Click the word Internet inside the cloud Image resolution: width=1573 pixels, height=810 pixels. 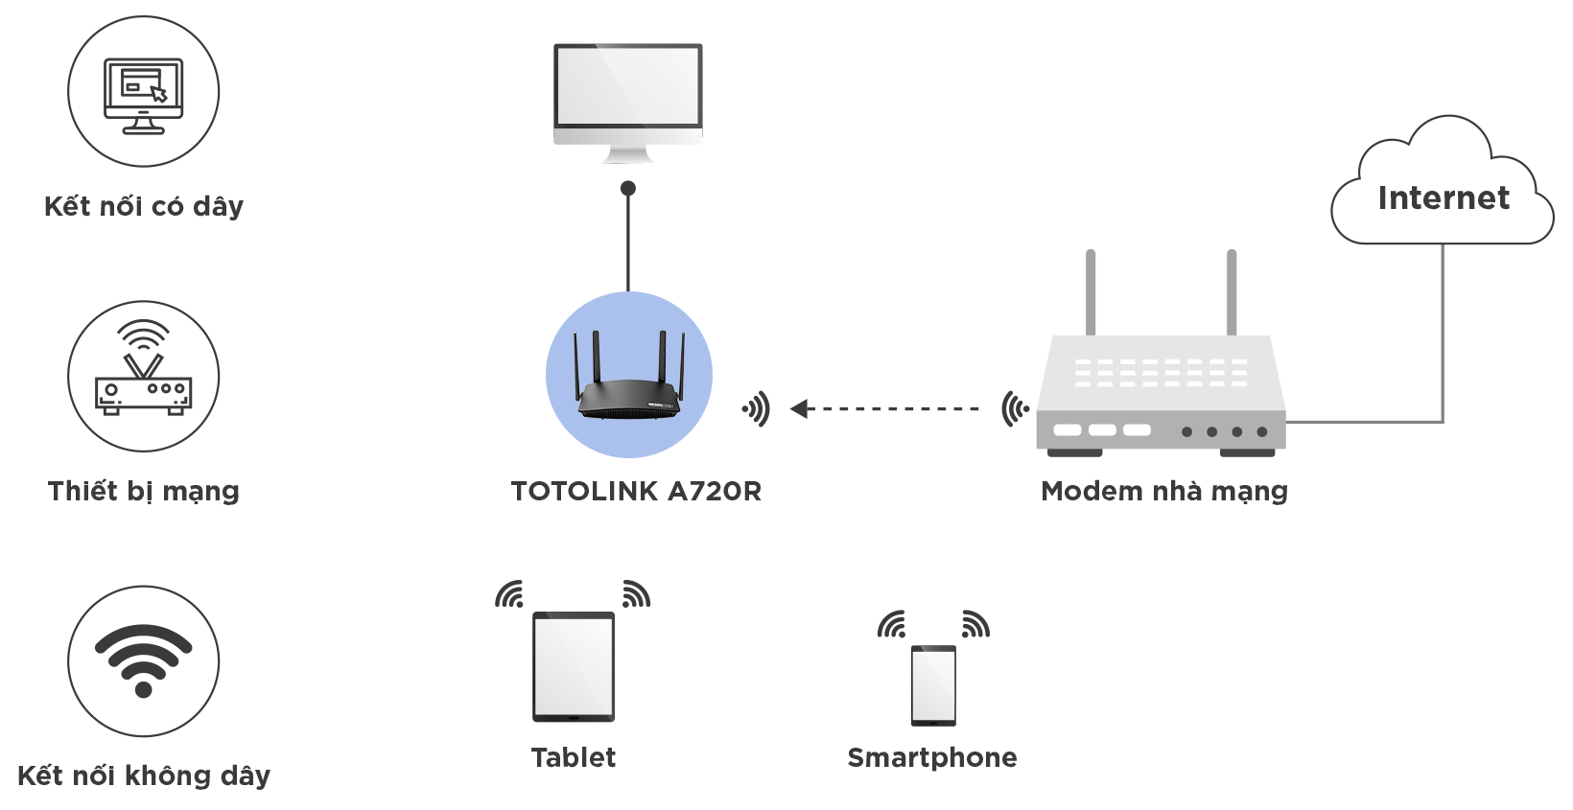[x=1444, y=197]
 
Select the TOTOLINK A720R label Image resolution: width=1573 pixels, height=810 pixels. [x=636, y=492]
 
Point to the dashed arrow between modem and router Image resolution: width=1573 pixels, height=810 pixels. [x=884, y=408]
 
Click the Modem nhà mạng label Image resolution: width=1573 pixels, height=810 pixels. [x=1164, y=492]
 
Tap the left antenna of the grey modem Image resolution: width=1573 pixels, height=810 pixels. [x=1091, y=292]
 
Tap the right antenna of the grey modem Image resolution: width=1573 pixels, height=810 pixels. [x=1232, y=292]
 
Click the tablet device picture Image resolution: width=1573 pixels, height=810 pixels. [x=574, y=667]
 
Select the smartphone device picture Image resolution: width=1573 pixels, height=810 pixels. [x=933, y=685]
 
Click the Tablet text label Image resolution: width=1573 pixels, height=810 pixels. [x=574, y=758]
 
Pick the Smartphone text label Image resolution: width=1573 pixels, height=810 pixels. [x=932, y=758]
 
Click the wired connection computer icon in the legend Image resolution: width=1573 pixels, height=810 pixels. [x=143, y=96]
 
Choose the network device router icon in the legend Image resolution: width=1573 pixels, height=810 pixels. [x=143, y=368]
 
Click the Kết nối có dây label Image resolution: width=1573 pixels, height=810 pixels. [x=144, y=206]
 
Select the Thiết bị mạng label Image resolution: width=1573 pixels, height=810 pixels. [x=143, y=491]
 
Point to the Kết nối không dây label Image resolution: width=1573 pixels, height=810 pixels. [x=144, y=775]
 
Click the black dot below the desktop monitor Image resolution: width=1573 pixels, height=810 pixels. [x=628, y=188]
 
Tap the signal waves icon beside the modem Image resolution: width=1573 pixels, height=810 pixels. [x=1016, y=408]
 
